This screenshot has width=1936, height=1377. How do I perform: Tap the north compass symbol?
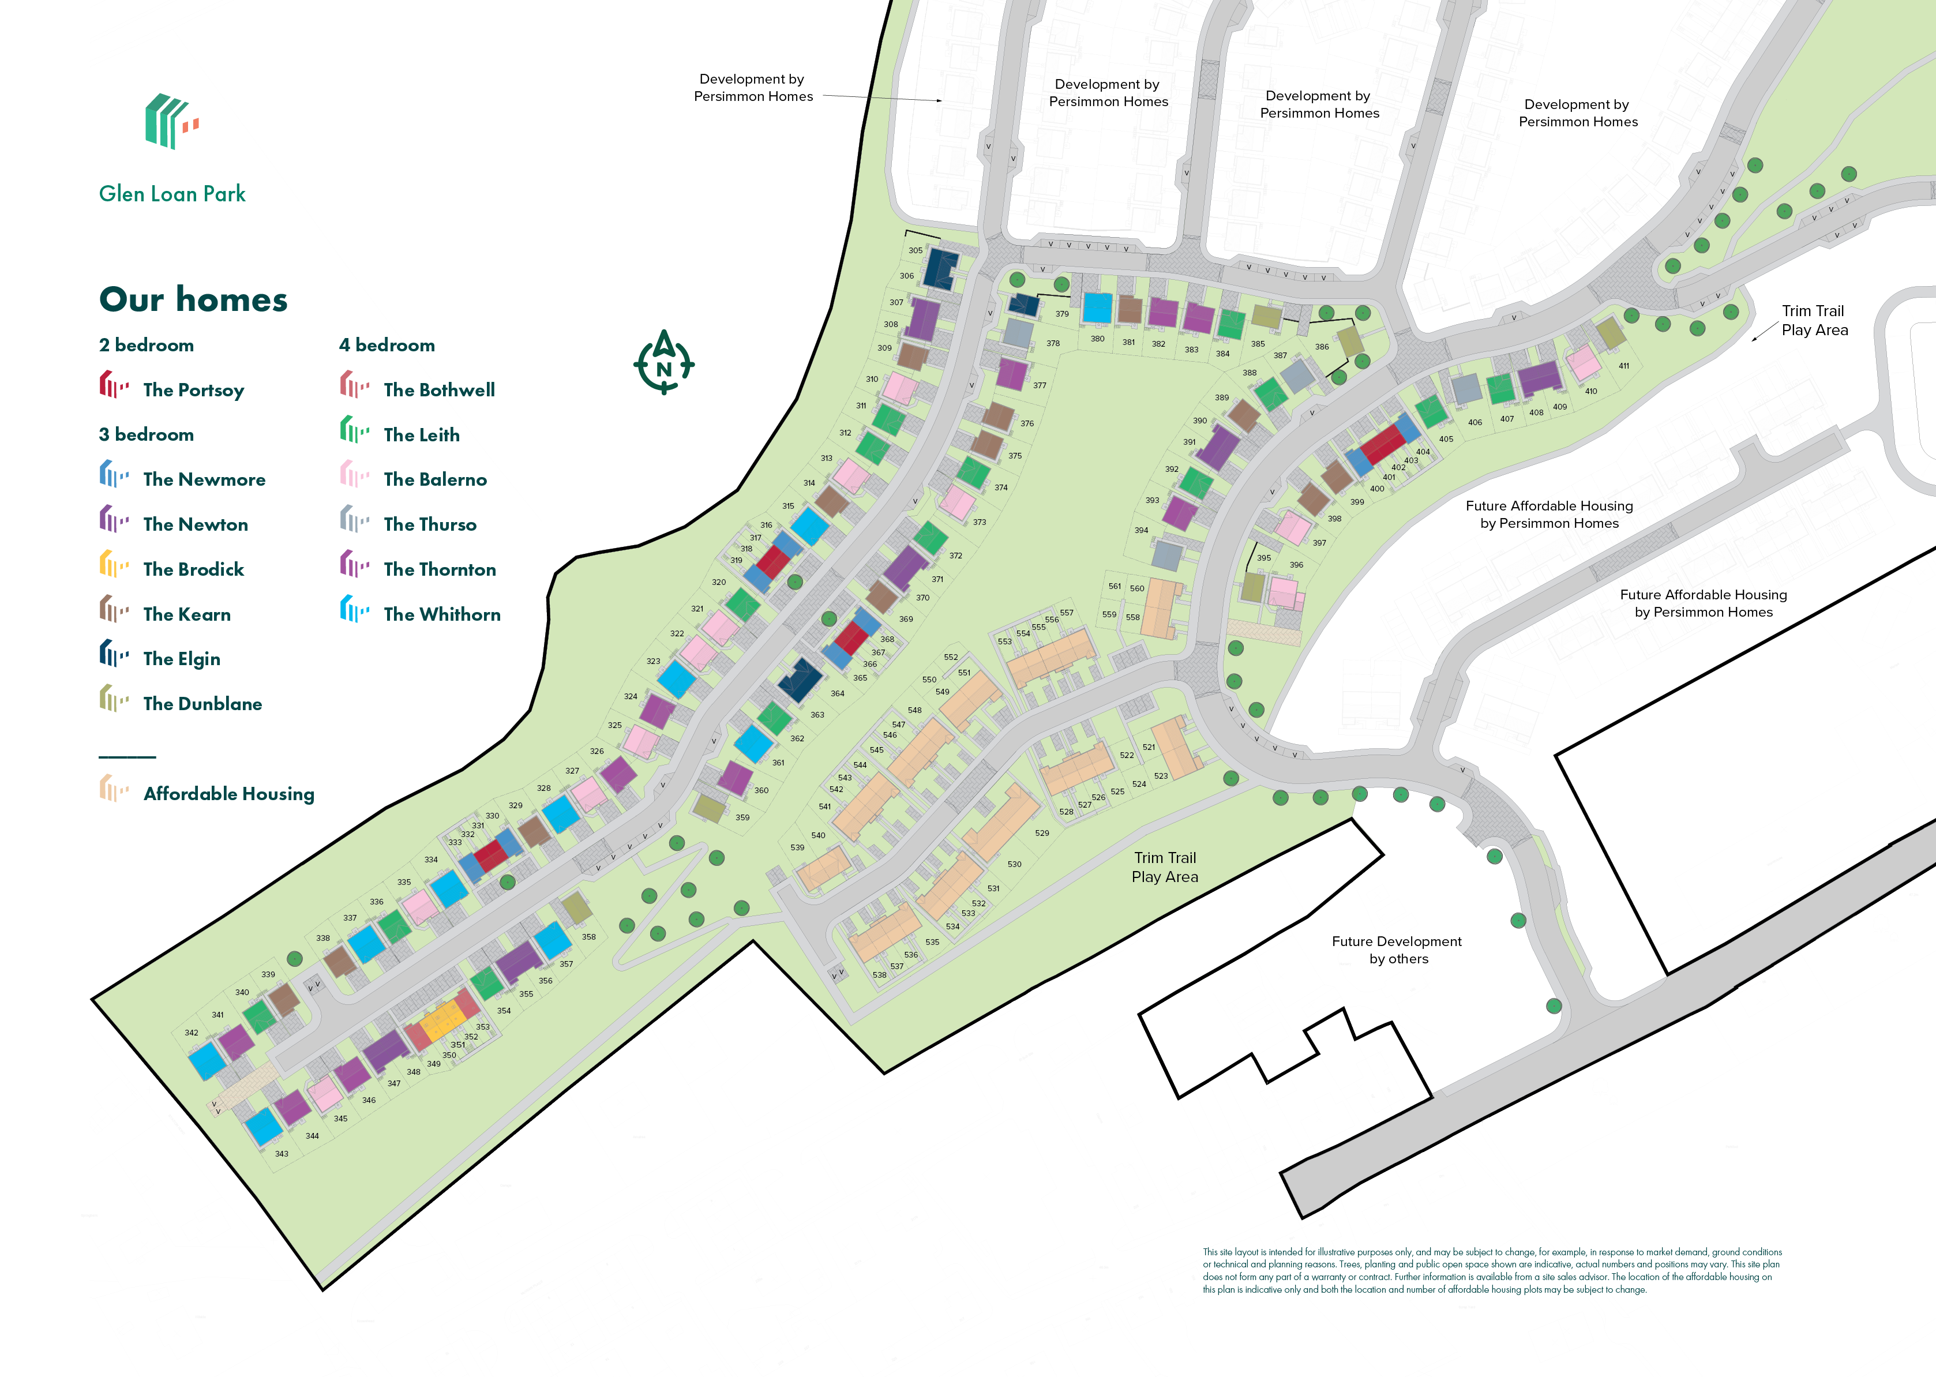pos(664,363)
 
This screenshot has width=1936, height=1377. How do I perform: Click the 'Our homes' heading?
pos(193,299)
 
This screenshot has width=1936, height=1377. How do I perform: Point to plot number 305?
pos(915,251)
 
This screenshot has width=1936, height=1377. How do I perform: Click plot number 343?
pos(282,1154)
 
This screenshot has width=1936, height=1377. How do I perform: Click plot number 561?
pos(1115,586)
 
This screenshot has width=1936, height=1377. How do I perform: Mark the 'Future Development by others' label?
pos(1396,950)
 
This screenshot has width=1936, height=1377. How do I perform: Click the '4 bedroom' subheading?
pos(387,345)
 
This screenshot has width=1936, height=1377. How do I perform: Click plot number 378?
pos(1052,343)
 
